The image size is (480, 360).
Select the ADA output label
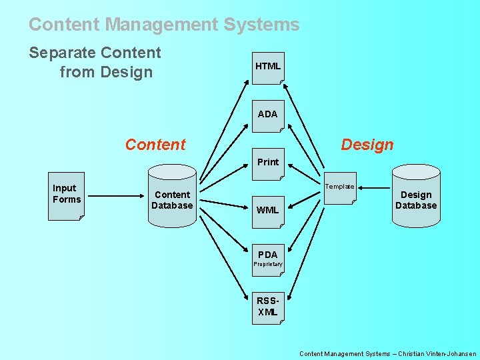267,114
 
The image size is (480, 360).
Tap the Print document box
268,164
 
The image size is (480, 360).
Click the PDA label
267,254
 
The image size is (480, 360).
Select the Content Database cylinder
172,200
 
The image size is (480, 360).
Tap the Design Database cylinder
416,200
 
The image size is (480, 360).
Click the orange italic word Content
156,144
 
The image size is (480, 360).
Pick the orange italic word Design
367,144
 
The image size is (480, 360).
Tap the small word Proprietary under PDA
268,265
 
